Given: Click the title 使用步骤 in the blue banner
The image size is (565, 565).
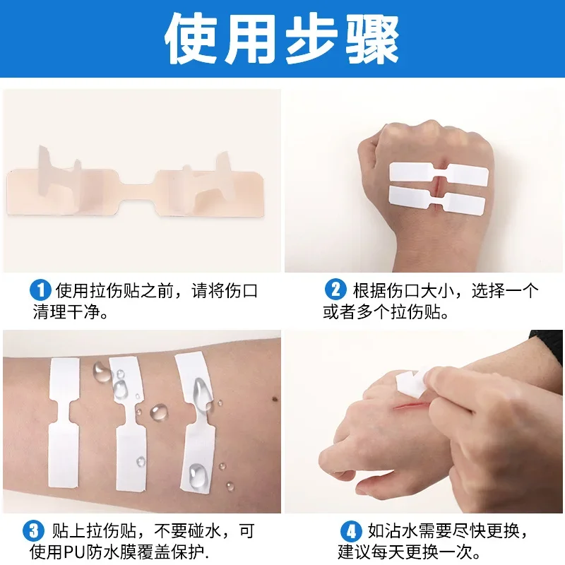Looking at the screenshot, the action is pyautogui.click(x=282, y=39).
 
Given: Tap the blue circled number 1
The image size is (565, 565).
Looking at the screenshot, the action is pyautogui.click(x=40, y=290).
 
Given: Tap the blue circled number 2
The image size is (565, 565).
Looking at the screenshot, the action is pyautogui.click(x=335, y=290).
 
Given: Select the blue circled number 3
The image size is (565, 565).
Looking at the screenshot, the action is pyautogui.click(x=33, y=531).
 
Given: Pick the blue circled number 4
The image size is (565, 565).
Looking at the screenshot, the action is pyautogui.click(x=351, y=531).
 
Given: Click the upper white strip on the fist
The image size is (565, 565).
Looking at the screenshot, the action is pyautogui.click(x=439, y=174).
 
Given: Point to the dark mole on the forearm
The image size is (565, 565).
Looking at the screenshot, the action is pyautogui.click(x=275, y=400).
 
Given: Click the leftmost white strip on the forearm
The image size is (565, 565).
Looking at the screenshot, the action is pyautogui.click(x=64, y=422).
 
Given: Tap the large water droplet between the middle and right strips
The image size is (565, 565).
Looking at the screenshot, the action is pyautogui.click(x=158, y=412).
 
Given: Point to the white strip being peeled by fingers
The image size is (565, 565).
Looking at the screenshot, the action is pyautogui.click(x=412, y=385).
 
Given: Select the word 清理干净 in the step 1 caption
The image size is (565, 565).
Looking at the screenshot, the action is pyautogui.click(x=66, y=311).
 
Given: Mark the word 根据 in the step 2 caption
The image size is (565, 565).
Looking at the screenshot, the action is pyautogui.click(x=369, y=290).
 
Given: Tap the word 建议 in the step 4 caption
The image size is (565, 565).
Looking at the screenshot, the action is pyautogui.click(x=355, y=552).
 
